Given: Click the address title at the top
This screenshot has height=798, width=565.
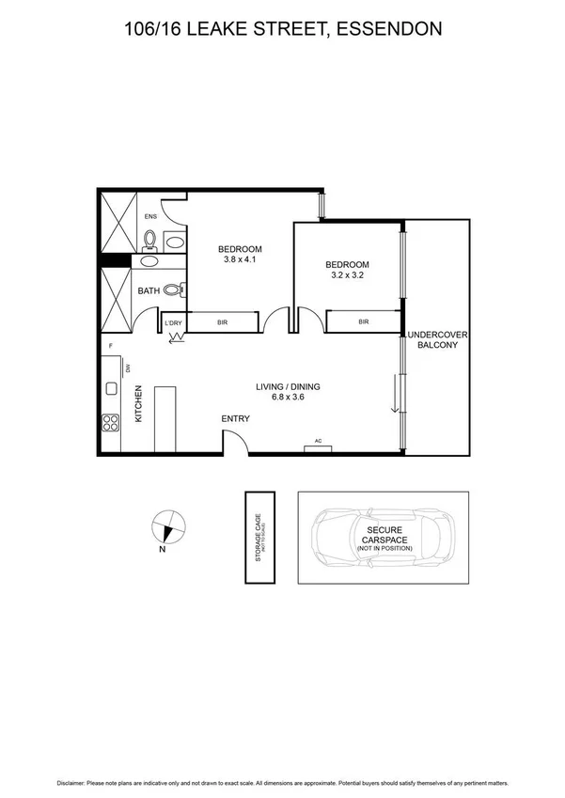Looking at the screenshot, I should click(283, 30).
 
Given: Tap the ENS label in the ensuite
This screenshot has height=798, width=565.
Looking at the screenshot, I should click(150, 216).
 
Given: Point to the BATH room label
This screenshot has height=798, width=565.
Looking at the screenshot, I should click(149, 291).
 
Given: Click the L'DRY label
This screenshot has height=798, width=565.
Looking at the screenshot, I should click(173, 324).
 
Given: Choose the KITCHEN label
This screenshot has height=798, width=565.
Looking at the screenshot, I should click(137, 404).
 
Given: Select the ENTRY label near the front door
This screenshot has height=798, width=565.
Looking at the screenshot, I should click(235, 418).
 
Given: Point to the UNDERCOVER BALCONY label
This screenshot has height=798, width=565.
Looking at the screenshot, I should click(436, 340).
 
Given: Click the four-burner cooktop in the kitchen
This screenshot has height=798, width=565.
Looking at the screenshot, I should click(111, 423).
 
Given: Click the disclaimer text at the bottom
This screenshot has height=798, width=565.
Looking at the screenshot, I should click(283, 782).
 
